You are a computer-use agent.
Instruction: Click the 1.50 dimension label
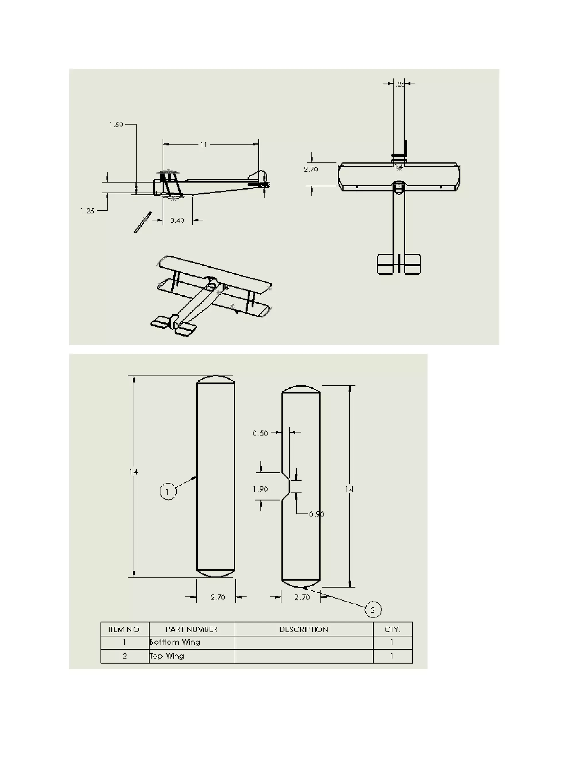116,124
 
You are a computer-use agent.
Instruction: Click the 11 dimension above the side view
204,145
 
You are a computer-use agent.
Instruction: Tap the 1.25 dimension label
87,211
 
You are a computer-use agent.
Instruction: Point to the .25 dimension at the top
401,84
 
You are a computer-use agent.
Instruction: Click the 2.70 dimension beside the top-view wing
311,169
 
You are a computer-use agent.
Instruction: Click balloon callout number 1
168,492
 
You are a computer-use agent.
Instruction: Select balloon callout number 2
373,609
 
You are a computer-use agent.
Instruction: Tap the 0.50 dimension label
260,433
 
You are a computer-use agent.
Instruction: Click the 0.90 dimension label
316,514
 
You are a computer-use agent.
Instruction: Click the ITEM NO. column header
124,629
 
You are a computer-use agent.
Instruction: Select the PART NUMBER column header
192,629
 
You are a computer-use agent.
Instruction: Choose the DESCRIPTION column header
303,629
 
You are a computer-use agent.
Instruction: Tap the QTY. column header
392,629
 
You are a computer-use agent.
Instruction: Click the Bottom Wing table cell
175,642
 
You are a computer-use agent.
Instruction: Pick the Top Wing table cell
167,656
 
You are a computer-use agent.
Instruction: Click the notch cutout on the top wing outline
286,486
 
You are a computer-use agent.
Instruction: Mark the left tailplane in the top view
385,264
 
